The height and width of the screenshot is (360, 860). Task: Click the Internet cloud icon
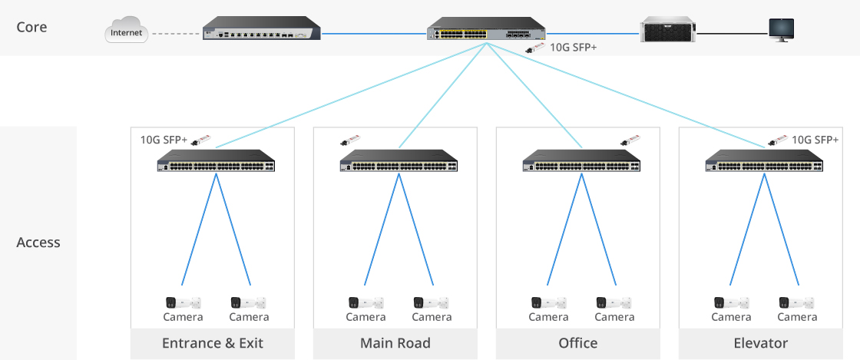(126, 33)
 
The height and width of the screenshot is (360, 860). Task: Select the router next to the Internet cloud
(262, 32)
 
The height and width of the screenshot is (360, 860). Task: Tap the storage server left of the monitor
(667, 31)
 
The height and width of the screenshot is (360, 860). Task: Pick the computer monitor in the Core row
(782, 30)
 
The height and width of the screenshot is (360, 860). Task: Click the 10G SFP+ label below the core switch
(574, 48)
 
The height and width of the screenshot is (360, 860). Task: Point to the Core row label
(31, 28)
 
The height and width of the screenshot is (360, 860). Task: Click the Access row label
(38, 243)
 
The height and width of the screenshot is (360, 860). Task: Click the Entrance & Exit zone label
(213, 343)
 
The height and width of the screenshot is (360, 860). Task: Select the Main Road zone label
(395, 343)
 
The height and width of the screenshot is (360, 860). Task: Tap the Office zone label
(578, 343)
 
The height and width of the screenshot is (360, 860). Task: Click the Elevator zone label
(761, 343)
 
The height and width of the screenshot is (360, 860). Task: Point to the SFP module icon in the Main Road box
(350, 140)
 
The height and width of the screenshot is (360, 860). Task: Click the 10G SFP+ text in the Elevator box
(815, 140)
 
